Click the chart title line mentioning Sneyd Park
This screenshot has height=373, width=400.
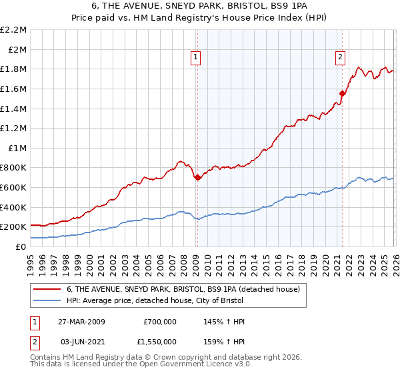click(200, 5)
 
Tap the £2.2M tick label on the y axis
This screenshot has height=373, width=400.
click(14, 30)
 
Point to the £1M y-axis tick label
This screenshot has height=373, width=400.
click(17, 148)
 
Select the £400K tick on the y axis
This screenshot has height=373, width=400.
click(14, 207)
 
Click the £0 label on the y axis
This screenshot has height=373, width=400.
click(21, 246)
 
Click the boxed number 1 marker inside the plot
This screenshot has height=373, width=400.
click(196, 58)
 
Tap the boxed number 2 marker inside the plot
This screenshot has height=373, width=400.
click(340, 58)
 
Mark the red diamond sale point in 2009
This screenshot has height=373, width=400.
click(198, 178)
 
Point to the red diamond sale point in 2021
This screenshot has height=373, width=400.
click(342, 94)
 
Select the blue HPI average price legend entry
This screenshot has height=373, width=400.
click(157, 301)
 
